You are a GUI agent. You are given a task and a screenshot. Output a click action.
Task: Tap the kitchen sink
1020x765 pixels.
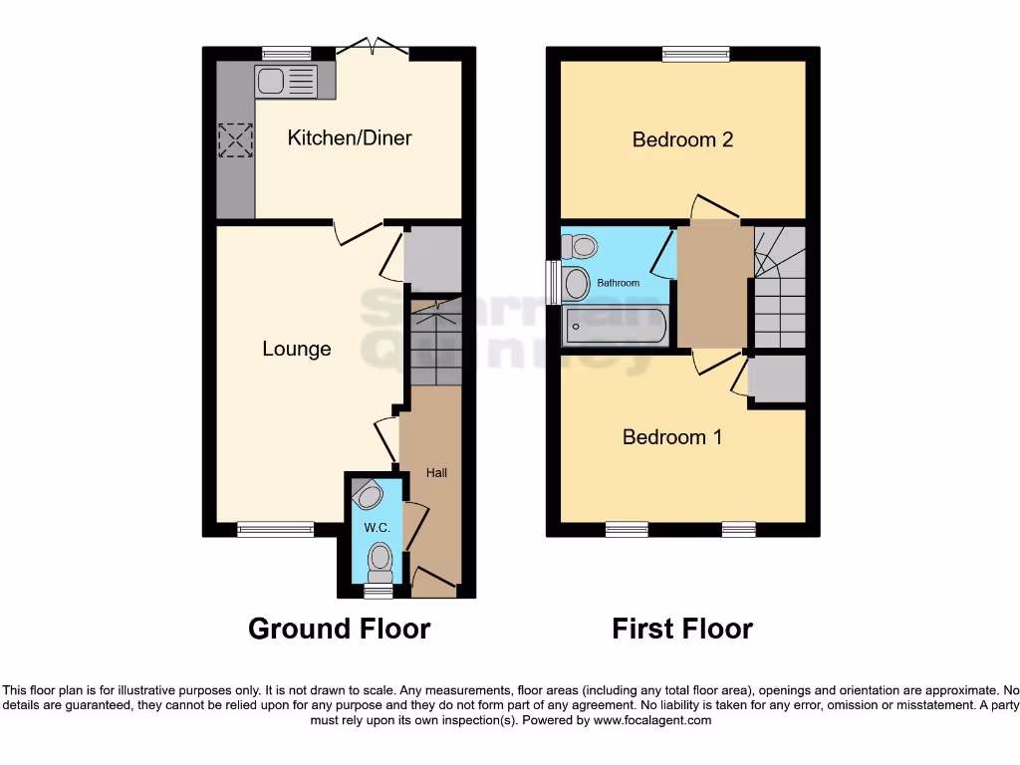[x=285, y=81]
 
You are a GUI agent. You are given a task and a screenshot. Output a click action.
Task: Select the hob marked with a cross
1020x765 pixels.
[x=236, y=140]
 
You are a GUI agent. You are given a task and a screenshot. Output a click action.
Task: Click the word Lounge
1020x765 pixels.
[x=296, y=349]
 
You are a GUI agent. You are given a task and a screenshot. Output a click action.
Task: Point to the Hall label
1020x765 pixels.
[x=436, y=473]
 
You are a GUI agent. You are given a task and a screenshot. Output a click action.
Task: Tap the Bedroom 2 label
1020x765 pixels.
[x=682, y=139]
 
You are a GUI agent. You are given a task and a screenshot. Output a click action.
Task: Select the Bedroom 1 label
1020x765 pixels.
[x=671, y=436]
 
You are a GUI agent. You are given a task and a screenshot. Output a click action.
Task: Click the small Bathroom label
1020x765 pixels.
[x=618, y=283]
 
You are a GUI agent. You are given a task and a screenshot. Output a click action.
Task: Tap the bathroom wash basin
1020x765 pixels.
[x=575, y=284]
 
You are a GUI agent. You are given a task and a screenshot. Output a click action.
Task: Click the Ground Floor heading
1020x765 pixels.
[x=339, y=629]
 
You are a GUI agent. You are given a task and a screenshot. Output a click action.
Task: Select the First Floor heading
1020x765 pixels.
[x=682, y=629]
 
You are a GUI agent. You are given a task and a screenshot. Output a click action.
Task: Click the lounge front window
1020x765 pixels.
[x=275, y=529]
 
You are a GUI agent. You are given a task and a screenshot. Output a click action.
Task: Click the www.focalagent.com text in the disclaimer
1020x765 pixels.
[x=652, y=720]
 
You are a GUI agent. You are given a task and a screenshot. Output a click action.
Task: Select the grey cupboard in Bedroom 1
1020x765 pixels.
[x=777, y=379]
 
